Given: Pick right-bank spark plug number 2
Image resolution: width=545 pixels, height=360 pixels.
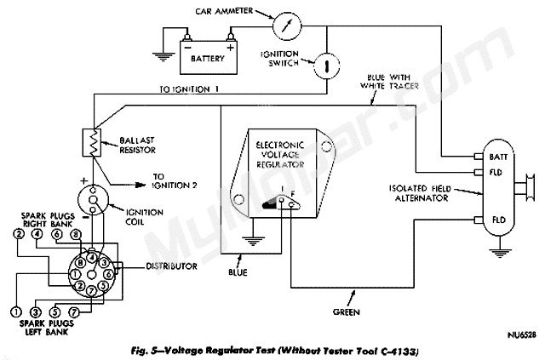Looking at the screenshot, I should click(18, 233).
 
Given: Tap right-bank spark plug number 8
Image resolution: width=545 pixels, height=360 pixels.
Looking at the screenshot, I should click(75, 233).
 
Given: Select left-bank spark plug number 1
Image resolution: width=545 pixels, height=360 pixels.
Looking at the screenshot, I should click(15, 311).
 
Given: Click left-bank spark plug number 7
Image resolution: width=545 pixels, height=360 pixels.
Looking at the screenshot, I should click(74, 311).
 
